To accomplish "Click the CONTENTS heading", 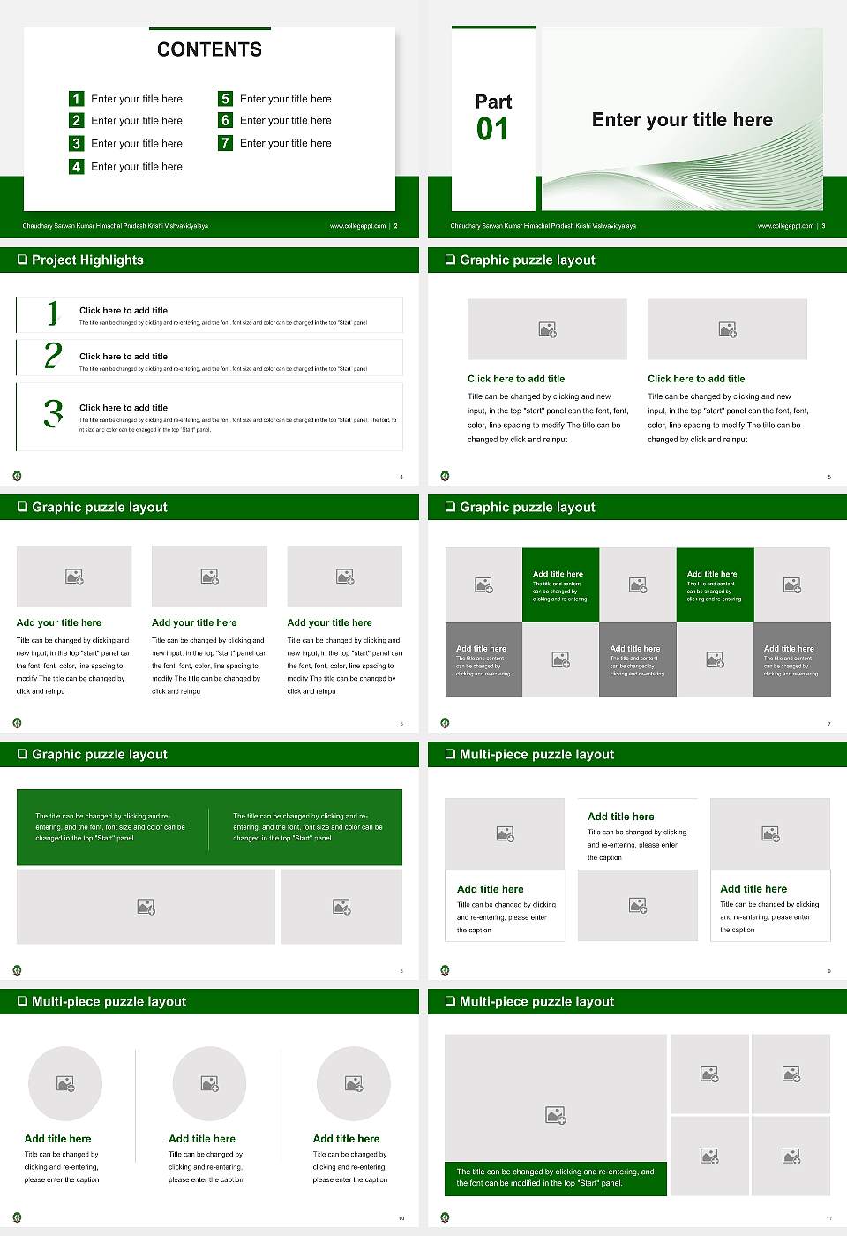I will point(209,49).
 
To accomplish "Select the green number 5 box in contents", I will point(225,99).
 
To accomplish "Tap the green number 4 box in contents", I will point(76,166).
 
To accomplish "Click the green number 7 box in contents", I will point(225,143).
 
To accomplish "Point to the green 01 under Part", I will point(492,130).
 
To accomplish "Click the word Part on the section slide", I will point(493,102).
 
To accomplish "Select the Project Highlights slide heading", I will point(87,260).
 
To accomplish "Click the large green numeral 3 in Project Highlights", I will point(53,413).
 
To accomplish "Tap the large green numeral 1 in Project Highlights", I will point(53,313).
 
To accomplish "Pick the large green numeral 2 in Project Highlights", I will point(53,356).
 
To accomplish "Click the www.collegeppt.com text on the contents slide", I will point(357,226).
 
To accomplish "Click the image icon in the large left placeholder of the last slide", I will point(555,1116).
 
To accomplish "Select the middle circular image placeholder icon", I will point(209,1083).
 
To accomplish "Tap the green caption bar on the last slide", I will point(555,1178).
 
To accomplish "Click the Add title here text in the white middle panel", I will point(620,817).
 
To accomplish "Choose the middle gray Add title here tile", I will point(637,659).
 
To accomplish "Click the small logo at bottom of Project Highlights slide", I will point(17,476).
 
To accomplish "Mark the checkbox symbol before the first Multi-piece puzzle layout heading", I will point(450,754).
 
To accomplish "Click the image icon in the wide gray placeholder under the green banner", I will point(146,907).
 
